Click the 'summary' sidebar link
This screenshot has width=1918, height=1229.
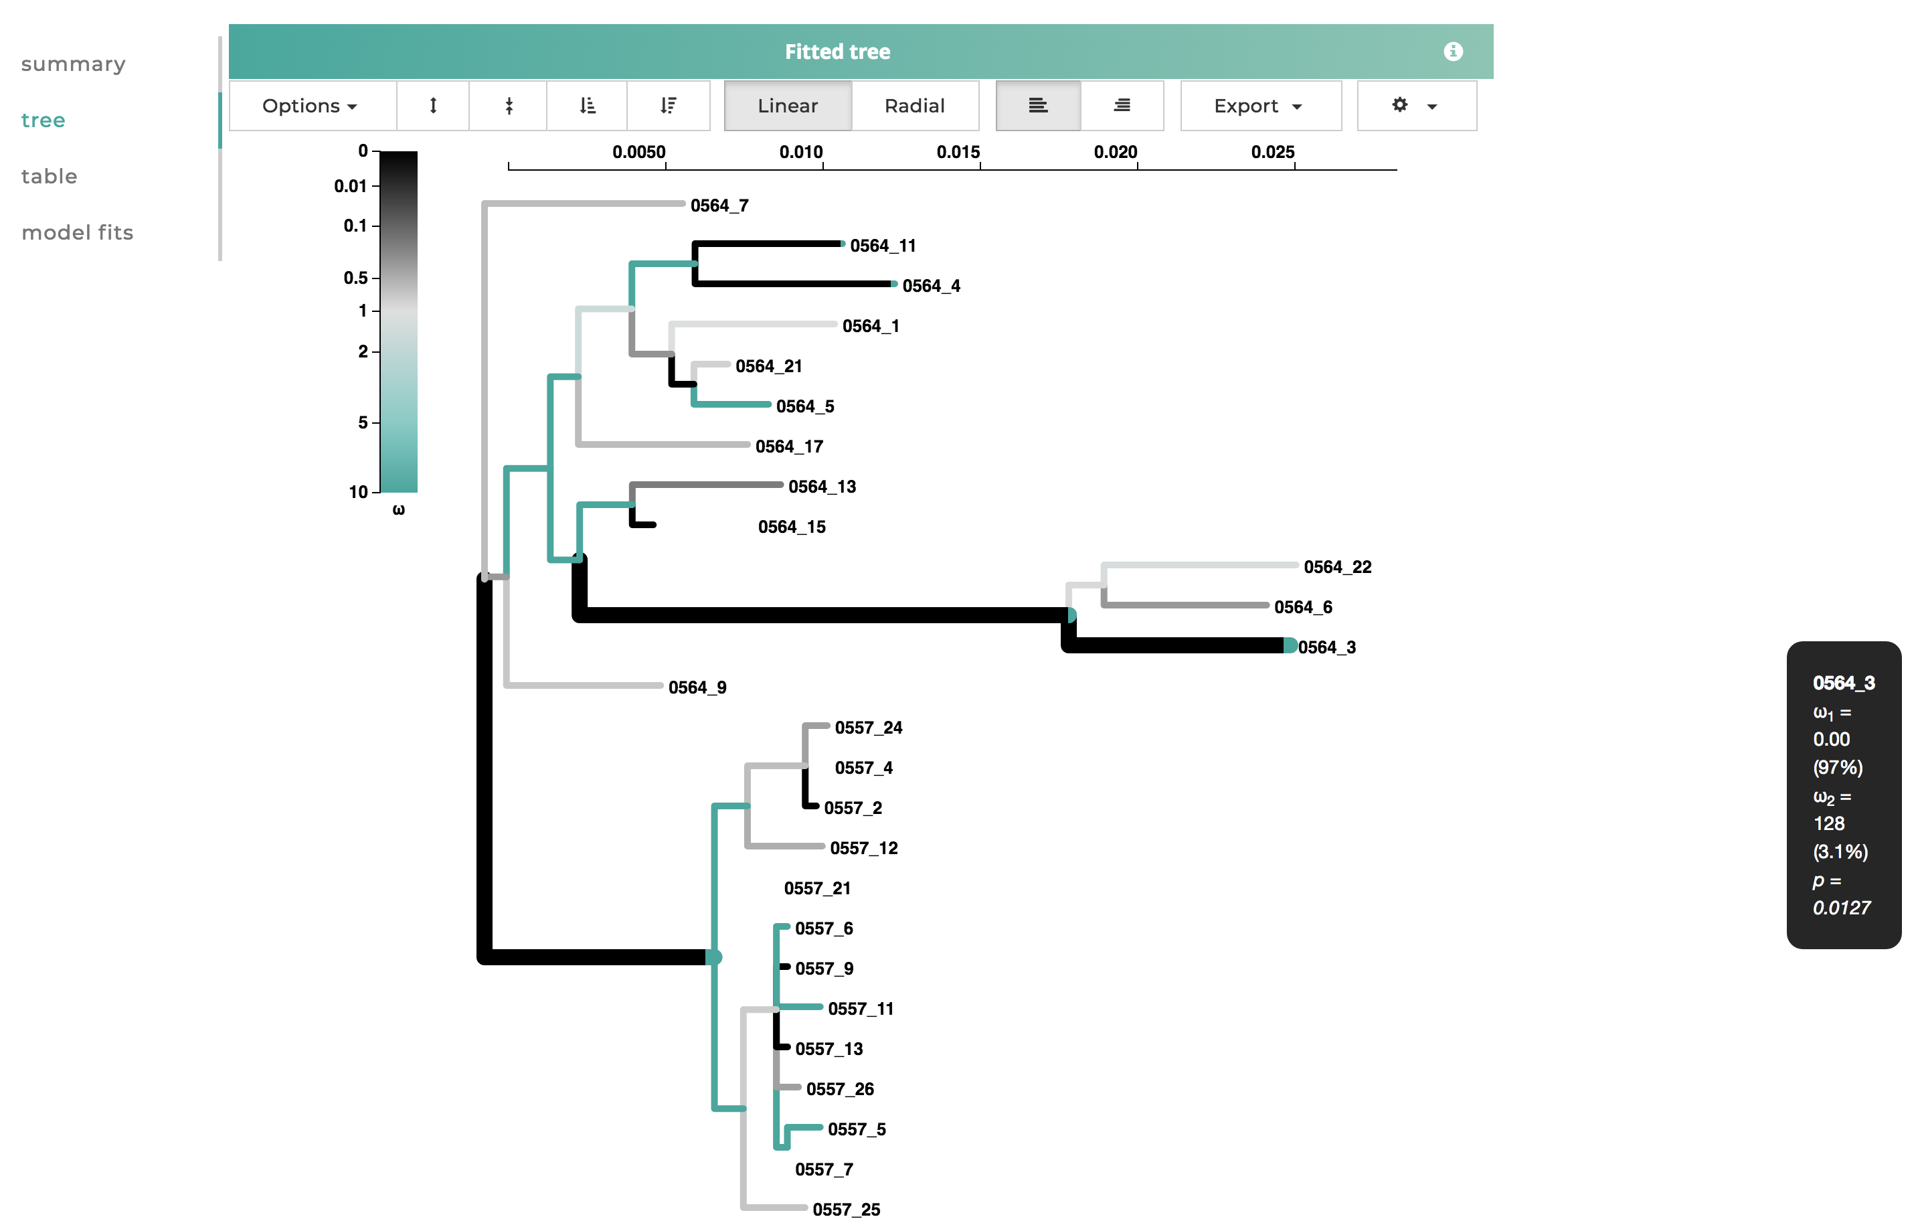[x=72, y=64]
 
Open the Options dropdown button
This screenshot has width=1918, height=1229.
[x=310, y=105]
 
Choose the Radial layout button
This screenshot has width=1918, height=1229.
[x=913, y=105]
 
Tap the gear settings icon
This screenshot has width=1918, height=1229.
[x=1399, y=104]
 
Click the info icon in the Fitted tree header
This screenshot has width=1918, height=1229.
[x=1452, y=52]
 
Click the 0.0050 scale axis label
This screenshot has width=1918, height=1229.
[x=638, y=152]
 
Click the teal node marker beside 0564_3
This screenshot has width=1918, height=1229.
[x=1290, y=645]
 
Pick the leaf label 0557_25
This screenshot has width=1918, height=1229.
[x=846, y=1209]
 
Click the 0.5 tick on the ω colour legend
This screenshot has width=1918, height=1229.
[x=355, y=278]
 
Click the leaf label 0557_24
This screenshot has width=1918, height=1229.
[x=868, y=728]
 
